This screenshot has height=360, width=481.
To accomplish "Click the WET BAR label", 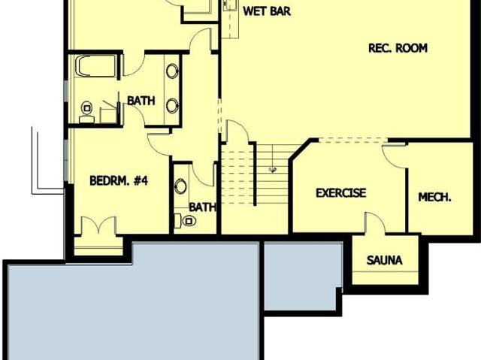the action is point(267,11).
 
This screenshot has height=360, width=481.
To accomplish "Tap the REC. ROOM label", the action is point(398,48).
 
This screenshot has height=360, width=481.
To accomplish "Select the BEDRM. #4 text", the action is point(119,180).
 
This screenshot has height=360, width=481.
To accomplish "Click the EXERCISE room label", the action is point(340,193).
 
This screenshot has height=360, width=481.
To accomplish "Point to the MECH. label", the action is point(434,197).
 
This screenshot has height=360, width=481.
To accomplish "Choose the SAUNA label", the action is point(384,260).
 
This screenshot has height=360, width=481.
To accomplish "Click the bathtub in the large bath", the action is point(95,65).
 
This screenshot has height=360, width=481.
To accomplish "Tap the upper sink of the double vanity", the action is point(172,71).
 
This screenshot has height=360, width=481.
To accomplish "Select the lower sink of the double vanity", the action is point(172,106).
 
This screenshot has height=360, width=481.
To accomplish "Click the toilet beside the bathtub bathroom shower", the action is point(87,112).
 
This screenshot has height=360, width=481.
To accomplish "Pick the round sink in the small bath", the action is point(180,186).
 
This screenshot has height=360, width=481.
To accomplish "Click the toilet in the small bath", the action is point(186,221).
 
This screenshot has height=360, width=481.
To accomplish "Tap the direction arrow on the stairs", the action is point(272,169).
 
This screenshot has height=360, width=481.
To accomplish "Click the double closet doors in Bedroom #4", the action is point(98,225).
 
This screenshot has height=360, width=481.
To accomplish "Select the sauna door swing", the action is point(375,223).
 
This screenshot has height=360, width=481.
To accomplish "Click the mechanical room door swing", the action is point(394,157).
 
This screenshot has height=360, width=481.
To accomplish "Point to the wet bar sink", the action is point(231,5).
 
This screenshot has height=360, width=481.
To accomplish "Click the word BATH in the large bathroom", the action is point(141,101).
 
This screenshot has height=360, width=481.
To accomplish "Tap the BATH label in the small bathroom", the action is point(202,207).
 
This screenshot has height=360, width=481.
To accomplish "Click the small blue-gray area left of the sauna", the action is point(303,276).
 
